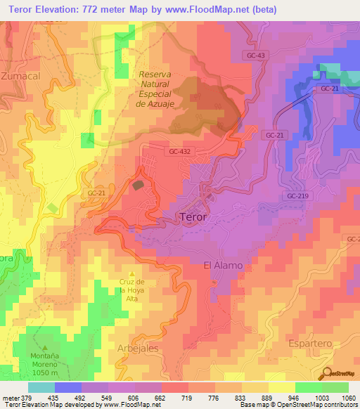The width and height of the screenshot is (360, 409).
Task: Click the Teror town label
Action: tap(193, 217)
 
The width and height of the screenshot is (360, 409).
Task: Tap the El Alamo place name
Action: tap(223, 265)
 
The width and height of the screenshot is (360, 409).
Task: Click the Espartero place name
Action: tap(310, 342)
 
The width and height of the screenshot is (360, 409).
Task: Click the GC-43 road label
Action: tap(257, 55)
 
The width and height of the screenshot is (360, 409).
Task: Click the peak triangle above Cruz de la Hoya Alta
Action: tap(131, 274)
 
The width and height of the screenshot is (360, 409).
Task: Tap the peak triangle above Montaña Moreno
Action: tap(46, 348)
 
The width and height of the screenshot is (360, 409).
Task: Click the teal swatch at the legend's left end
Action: tap(41, 387)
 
